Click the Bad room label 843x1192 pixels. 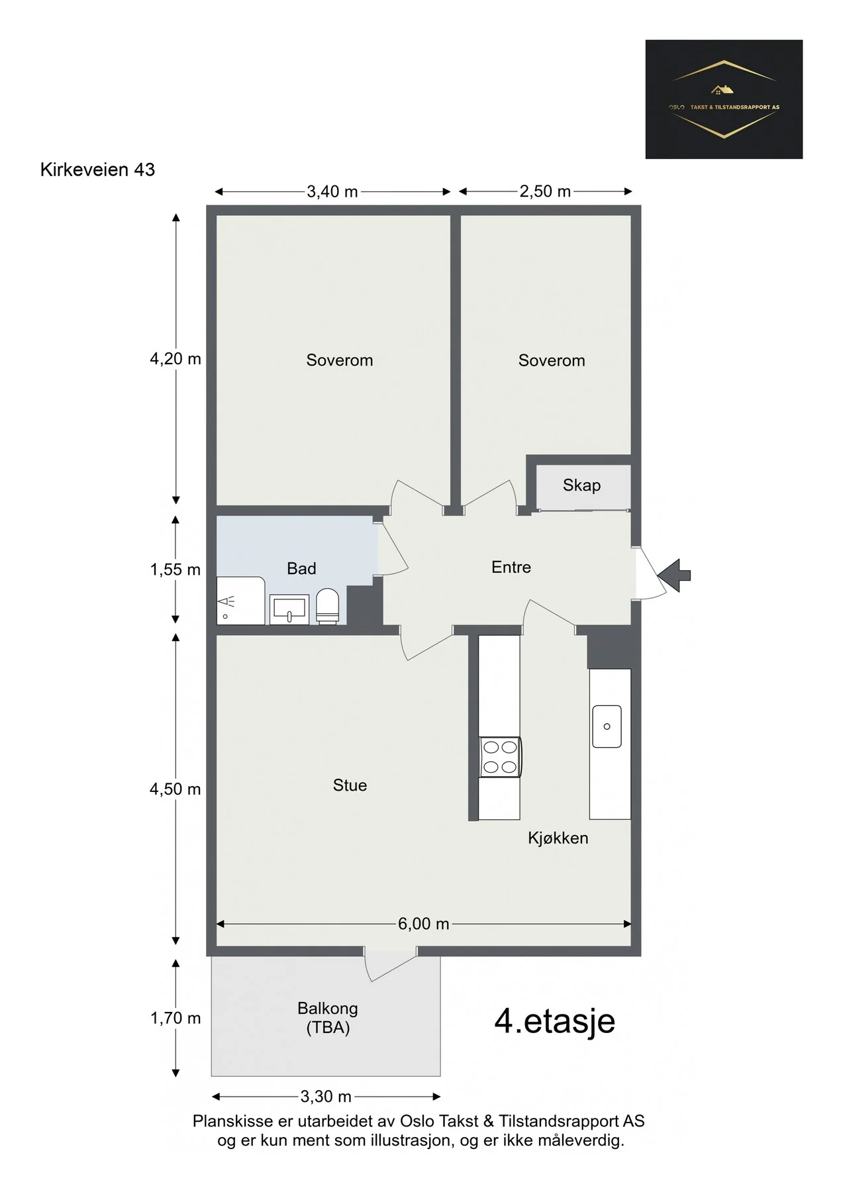301,568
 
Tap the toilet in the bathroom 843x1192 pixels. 327,606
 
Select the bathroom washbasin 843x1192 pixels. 289,609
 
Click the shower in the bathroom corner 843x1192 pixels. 241,601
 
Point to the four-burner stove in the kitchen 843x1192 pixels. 500,757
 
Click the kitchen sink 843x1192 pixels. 607,726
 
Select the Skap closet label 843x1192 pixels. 581,485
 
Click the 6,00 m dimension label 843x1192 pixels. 424,924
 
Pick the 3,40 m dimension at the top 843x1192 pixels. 332,192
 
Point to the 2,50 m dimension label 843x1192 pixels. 545,191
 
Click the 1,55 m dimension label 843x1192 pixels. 175,570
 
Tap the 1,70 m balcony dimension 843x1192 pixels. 175,1018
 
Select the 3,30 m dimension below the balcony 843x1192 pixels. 326,1097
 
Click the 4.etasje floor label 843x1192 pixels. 555,1020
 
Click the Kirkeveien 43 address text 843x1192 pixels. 97,170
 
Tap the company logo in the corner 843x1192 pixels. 724,99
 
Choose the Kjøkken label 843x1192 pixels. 558,838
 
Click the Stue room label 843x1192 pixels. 350,785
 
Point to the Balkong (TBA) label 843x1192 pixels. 328,1018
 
